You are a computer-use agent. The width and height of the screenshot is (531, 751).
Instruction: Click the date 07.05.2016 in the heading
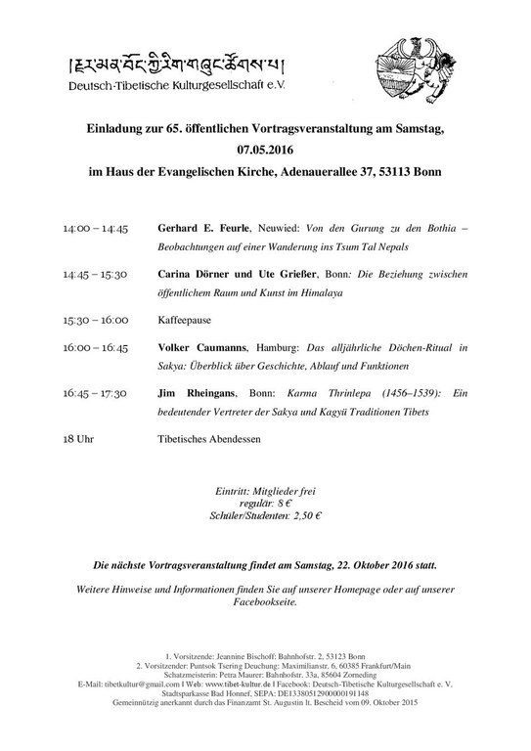(265, 152)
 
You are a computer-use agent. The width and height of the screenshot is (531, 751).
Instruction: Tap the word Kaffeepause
(184, 319)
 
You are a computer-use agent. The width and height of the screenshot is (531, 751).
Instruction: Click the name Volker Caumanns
(202, 347)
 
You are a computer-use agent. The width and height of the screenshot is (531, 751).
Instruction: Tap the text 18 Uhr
(77, 439)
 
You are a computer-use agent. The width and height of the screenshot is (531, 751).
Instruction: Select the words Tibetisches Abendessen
(209, 439)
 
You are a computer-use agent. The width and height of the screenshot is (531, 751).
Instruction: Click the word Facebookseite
(265, 601)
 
